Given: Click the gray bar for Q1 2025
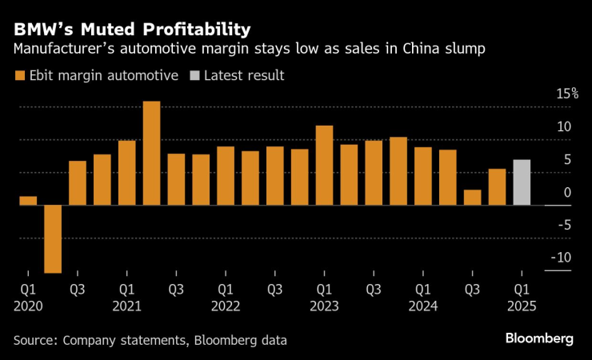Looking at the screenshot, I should point(522,182).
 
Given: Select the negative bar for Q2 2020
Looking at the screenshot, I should point(53,238).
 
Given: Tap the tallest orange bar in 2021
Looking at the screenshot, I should point(151,153).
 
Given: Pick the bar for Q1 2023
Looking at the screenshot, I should point(324,165).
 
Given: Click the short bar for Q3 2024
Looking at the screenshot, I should point(472,197).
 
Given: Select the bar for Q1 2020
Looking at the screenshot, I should point(28,200).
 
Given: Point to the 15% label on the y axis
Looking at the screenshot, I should point(567,94).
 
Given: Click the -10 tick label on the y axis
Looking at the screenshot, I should point(563,258).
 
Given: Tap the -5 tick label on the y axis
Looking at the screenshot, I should point(566,225).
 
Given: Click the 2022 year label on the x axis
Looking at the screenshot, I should point(226,306).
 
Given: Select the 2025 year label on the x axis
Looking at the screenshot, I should point(522,306).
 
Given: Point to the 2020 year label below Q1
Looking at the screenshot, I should point(28,306).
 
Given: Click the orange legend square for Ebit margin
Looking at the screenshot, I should point(19,76).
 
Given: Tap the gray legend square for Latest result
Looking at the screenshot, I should point(194,76).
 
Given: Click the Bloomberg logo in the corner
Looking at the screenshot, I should point(538,339).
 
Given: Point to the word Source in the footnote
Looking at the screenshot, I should point(36,340).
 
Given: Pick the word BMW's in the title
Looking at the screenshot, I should point(40,30).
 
